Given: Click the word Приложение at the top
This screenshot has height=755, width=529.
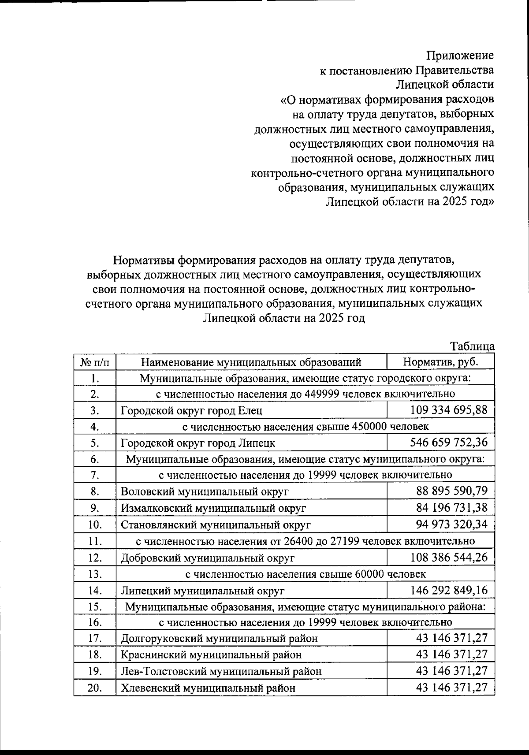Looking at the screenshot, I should click(x=460, y=56).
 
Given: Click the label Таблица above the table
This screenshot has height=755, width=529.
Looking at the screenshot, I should click(x=473, y=346).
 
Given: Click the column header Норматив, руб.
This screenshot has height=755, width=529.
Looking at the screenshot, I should click(x=440, y=362).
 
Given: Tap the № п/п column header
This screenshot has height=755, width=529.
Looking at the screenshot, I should click(x=94, y=362).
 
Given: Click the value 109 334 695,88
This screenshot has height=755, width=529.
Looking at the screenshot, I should click(x=448, y=410).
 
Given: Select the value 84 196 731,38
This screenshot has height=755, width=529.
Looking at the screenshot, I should click(x=451, y=508).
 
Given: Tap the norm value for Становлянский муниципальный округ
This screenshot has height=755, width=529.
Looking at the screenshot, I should click(x=451, y=524).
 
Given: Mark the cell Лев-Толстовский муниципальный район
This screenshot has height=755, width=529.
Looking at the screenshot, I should click(x=221, y=672).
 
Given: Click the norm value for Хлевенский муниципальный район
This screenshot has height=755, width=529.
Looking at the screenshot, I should click(x=451, y=688).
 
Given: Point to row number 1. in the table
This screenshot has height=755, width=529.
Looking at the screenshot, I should click(x=95, y=378).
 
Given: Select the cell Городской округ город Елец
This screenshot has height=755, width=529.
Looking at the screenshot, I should click(x=192, y=411).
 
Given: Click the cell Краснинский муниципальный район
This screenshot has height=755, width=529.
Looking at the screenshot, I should click(x=211, y=655).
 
